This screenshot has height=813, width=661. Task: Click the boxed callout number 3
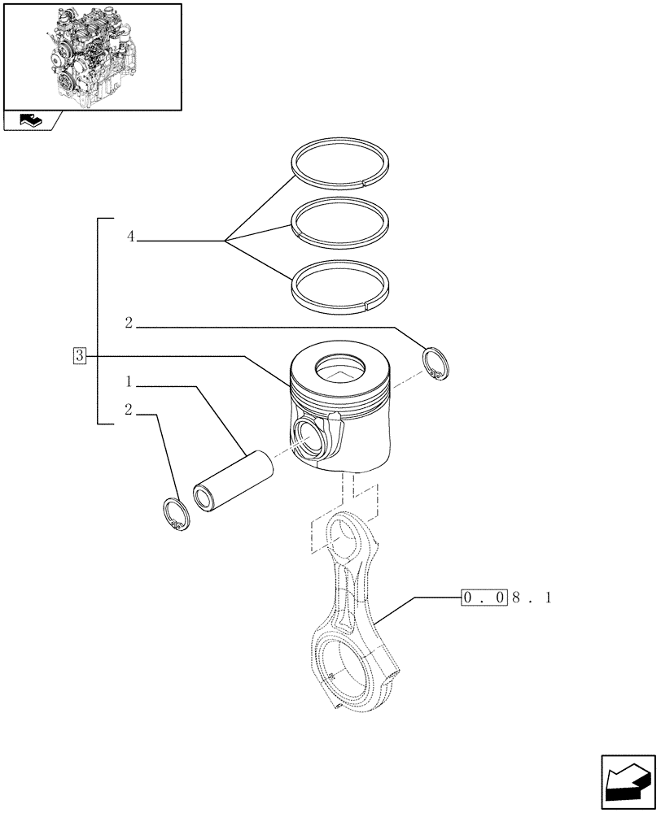(79, 355)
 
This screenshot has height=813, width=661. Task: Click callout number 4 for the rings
(130, 237)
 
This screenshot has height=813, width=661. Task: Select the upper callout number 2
(129, 324)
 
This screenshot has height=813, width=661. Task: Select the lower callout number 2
(129, 411)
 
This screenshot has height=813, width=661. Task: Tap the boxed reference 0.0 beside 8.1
(485, 598)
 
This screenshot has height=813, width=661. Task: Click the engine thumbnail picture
(92, 55)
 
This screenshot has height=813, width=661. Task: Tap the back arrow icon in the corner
(626, 781)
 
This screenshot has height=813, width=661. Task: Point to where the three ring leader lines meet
(225, 240)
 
